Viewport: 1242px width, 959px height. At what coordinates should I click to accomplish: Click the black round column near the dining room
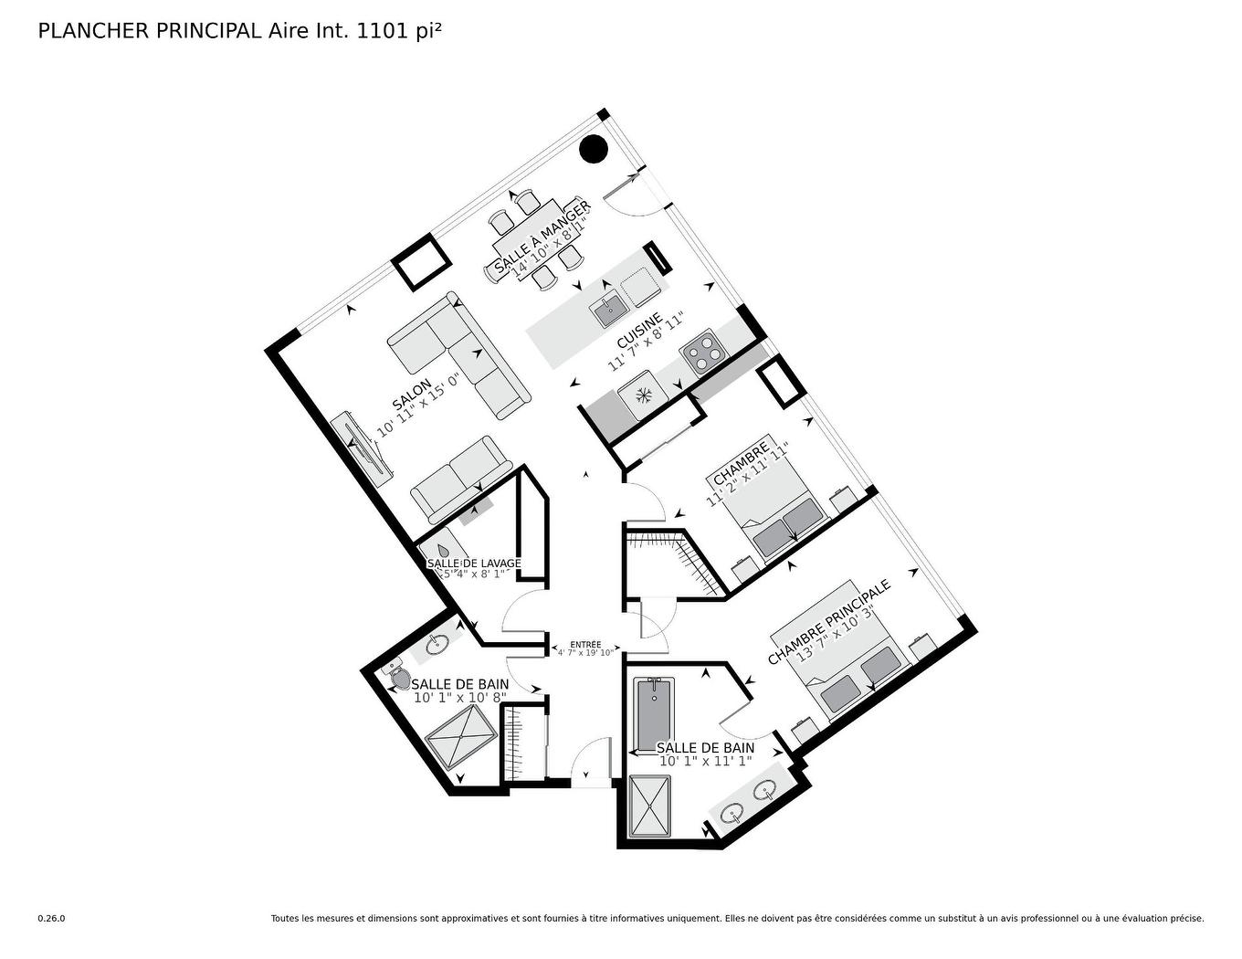coord(594,148)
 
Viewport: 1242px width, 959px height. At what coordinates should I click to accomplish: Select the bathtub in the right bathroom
coord(652,713)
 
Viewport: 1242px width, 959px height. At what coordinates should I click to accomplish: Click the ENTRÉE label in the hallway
coord(584,645)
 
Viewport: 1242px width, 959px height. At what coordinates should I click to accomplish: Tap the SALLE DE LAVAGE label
coord(474,564)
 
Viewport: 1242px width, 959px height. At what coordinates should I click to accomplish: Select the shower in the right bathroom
coord(649,806)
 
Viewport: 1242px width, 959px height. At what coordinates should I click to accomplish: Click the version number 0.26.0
coord(51,919)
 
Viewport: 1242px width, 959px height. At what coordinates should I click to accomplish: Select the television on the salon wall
coord(362,446)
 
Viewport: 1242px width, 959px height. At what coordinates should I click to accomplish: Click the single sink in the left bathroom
coord(437,644)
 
